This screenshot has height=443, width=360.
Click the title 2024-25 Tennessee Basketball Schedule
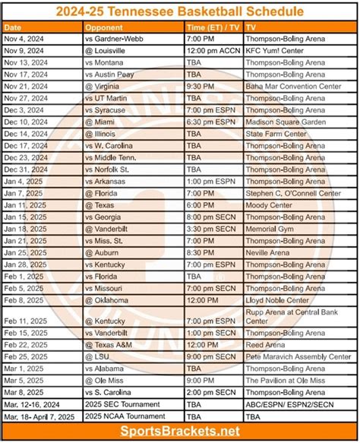point(180,12)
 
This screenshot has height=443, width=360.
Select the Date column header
point(15,27)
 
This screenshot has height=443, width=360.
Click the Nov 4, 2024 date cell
point(26,38)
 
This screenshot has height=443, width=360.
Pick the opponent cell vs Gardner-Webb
point(116,38)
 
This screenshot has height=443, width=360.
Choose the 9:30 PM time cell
point(204,86)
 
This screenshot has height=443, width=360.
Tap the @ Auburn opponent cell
point(103,252)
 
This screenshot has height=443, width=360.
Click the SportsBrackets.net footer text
point(180,431)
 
